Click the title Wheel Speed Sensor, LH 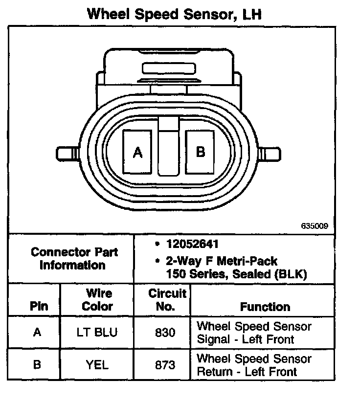[174, 14]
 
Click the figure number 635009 [314, 226]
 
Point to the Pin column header [39, 307]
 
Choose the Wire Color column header [97, 300]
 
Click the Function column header [265, 307]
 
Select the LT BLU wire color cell [97, 333]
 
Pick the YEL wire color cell [97, 365]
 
